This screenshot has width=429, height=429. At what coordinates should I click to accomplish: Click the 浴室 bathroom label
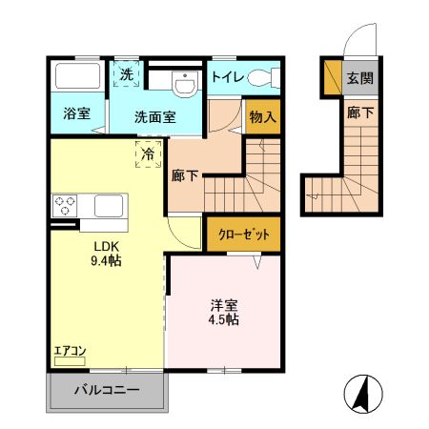[x=77, y=113]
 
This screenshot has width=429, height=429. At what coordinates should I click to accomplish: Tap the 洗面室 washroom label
[x=154, y=118]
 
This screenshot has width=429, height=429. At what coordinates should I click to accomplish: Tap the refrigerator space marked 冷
[x=149, y=153]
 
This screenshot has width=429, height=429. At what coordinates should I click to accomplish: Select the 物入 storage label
[x=263, y=117]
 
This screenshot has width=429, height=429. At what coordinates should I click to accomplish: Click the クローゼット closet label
[x=244, y=234]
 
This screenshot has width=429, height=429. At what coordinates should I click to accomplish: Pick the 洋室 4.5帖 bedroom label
[x=225, y=312]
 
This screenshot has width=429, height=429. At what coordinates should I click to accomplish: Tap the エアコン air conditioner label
[x=70, y=350]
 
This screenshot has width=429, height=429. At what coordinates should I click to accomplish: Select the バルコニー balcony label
[x=107, y=389]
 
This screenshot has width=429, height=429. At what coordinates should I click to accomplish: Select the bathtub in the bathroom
[x=75, y=76]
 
